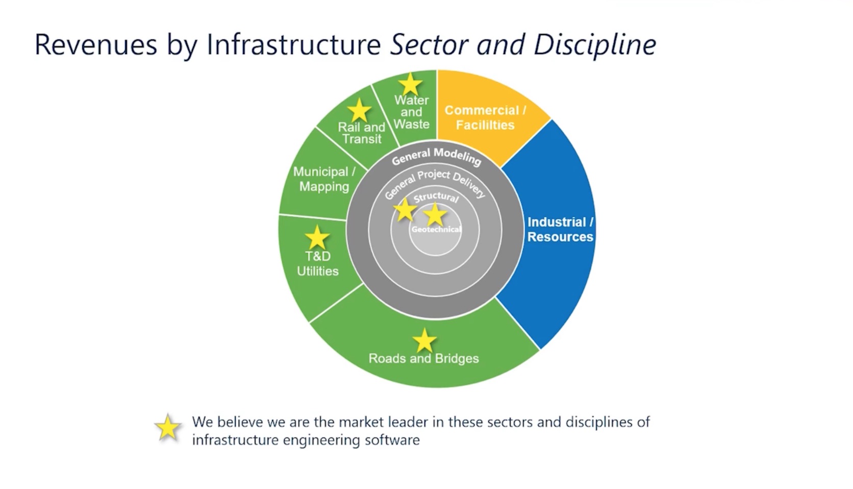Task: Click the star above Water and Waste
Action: click(410, 84)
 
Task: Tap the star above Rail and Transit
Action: click(359, 110)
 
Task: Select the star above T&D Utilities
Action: click(317, 238)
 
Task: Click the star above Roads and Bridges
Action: click(424, 340)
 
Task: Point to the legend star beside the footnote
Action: click(168, 428)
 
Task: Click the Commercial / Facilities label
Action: click(485, 118)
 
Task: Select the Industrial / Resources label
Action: click(560, 230)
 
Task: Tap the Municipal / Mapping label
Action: click(324, 179)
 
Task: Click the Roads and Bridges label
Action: click(423, 358)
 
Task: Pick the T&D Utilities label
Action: click(318, 264)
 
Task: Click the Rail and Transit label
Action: click(361, 133)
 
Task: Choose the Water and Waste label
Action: click(412, 112)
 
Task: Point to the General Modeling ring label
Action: click(437, 156)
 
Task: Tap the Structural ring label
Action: click(436, 197)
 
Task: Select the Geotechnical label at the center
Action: click(436, 230)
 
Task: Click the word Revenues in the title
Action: click(96, 44)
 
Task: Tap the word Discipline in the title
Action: click(595, 44)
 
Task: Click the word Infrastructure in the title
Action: click(294, 44)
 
